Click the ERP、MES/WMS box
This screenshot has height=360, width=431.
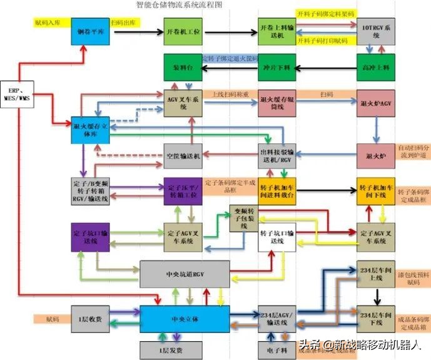click(18, 94)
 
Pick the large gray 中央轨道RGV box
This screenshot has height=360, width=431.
click(184, 274)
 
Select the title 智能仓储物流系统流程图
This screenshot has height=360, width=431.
click(178, 4)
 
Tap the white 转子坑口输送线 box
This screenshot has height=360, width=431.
click(276, 239)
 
